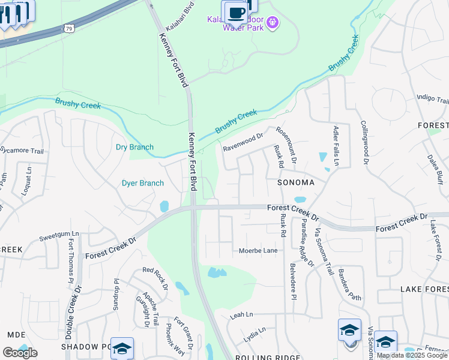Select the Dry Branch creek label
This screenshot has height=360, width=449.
click(x=134, y=147)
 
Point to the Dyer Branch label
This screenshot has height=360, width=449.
click(x=143, y=183)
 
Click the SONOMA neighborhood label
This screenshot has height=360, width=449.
click(x=296, y=182)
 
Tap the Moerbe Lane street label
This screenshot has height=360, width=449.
click(x=258, y=250)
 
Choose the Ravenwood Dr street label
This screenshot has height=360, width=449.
click(x=243, y=142)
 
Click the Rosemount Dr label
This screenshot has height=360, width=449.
click(x=286, y=144)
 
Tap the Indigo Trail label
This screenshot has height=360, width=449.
click(x=433, y=100)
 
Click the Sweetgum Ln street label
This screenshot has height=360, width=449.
click(x=59, y=234)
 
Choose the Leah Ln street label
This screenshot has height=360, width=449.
click(x=242, y=314)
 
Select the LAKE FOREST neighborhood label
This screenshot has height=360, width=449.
click(x=424, y=289)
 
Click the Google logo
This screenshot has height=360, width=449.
click(x=20, y=352)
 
